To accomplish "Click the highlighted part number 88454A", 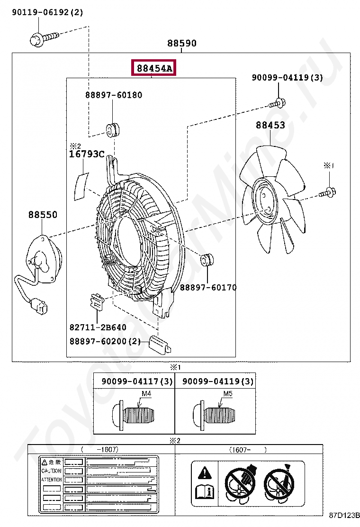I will click(154, 69).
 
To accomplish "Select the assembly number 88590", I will click(181, 44).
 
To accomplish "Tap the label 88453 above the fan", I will click(270, 125).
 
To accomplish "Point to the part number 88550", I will click(43, 215).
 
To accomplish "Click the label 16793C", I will click(87, 154).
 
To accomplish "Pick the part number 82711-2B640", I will click(98, 327).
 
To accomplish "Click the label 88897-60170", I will click(208, 287).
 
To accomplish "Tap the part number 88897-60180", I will click(114, 95).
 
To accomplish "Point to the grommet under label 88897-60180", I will click(112, 129).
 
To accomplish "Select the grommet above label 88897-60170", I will click(207, 260).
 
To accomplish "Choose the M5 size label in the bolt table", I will click(228, 394).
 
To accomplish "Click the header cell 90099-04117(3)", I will click(137, 381).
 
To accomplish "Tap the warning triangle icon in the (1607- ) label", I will click(204, 472).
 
